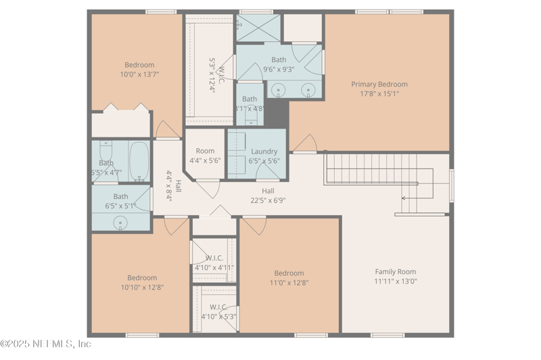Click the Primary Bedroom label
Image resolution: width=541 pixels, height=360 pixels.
pyautogui.click(x=379, y=85)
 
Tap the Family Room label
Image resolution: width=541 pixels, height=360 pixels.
pyautogui.click(x=396, y=271)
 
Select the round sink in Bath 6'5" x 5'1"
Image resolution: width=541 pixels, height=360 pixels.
pyautogui.click(x=121, y=221)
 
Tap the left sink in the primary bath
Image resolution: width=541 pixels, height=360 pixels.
pyautogui.click(x=277, y=89)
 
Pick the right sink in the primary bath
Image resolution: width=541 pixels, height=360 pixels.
pyautogui.click(x=308, y=89)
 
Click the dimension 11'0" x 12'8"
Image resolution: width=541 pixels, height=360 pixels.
pyautogui.click(x=289, y=283)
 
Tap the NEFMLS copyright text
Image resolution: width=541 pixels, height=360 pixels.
pyautogui.click(x=46, y=344)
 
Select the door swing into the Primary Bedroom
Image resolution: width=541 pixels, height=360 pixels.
pyautogui.click(x=305, y=143)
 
